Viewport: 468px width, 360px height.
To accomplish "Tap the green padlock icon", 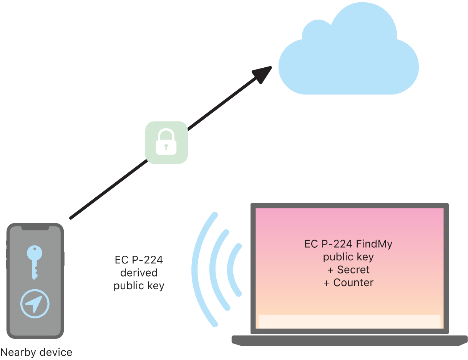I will click(x=166, y=142).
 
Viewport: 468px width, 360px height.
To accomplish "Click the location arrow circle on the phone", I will click(x=35, y=304).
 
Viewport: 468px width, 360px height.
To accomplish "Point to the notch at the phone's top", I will click(x=35, y=228).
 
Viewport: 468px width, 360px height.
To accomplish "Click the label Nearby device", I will click(x=36, y=352).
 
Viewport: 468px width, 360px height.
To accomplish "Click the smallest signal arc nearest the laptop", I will click(x=232, y=269).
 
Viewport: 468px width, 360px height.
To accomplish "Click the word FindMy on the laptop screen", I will click(x=374, y=244).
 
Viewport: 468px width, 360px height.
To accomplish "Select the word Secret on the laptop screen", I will click(x=353, y=270).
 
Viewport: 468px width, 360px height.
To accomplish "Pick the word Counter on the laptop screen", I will click(x=353, y=283).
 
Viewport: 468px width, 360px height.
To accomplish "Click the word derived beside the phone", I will click(x=139, y=273).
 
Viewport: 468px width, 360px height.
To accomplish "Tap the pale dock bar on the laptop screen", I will click(x=349, y=322).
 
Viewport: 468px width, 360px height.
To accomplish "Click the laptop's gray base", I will click(x=349, y=340).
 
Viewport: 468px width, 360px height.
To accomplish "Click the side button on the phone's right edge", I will click(x=64, y=258).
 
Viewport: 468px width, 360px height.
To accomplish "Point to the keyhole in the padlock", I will click(x=166, y=147).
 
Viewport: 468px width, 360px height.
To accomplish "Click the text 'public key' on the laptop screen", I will click(x=349, y=257).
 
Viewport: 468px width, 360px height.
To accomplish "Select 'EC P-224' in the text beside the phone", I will click(x=139, y=260).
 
